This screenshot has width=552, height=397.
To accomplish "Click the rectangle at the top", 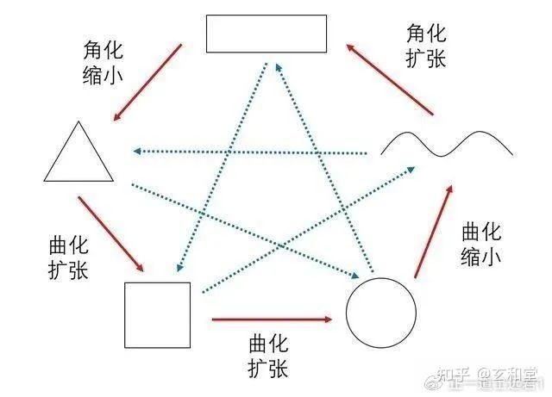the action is (x=266, y=34).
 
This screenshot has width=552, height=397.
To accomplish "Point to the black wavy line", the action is (x=447, y=144).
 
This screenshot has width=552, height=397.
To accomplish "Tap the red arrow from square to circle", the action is (x=272, y=319).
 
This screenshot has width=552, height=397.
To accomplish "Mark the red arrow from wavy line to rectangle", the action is (x=390, y=78).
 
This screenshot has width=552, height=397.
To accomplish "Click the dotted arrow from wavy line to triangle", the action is (x=250, y=152).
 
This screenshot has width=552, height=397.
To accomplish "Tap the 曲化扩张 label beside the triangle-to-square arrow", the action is (x=69, y=257).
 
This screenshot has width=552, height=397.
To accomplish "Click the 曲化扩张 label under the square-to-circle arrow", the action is (x=267, y=357).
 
